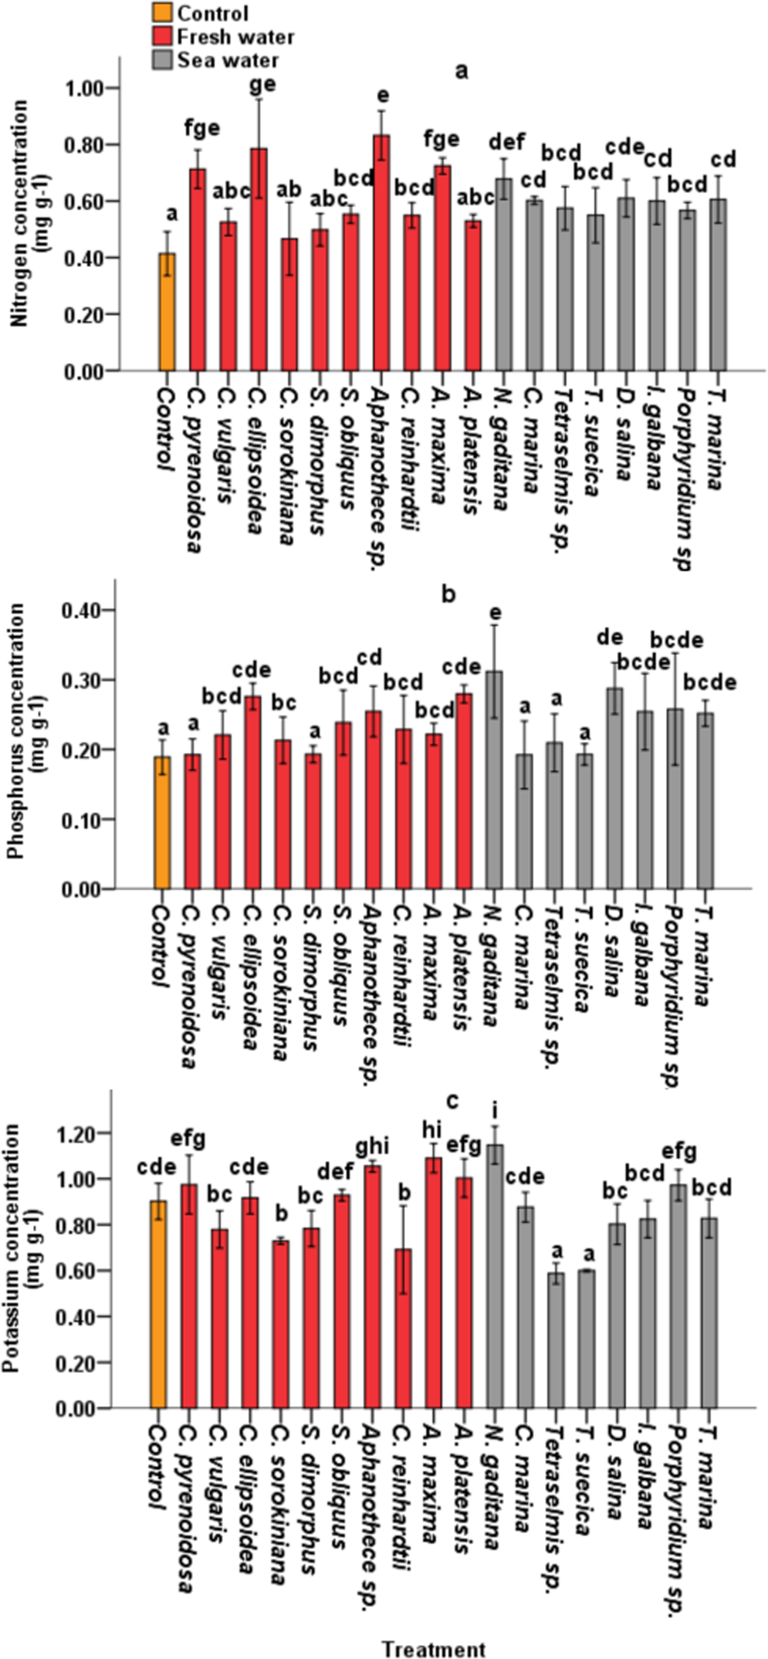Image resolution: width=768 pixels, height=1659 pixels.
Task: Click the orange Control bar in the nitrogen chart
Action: point(167,313)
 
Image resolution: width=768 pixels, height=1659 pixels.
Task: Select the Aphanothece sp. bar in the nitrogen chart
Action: point(381,255)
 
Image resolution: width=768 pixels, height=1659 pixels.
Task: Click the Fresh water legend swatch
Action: point(161,36)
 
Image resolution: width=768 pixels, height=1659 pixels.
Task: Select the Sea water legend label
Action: point(228,59)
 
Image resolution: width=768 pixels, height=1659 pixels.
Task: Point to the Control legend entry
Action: point(212,13)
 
